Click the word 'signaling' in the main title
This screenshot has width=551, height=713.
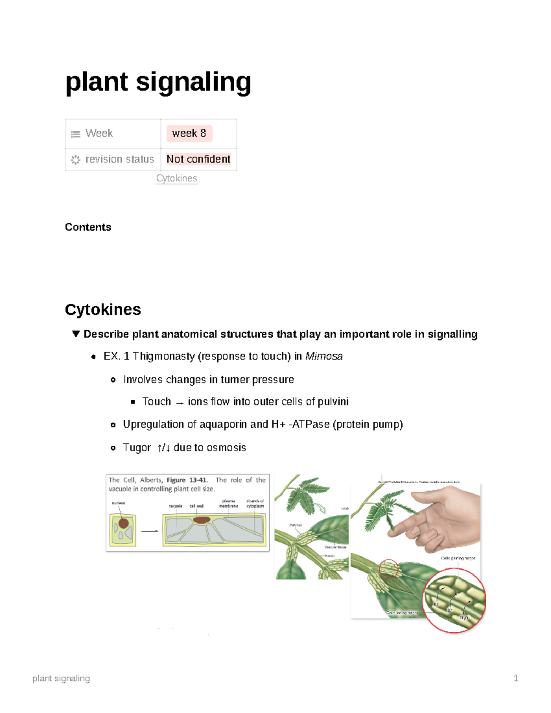tap(193, 83)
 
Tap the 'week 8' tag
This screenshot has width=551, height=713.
tap(189, 133)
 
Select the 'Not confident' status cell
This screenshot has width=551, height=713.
tap(198, 159)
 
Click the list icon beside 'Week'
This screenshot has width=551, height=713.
tap(75, 134)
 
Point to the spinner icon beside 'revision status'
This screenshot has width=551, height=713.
tap(75, 160)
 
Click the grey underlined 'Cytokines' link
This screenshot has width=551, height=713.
tap(177, 178)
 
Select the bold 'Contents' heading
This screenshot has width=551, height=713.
tap(88, 227)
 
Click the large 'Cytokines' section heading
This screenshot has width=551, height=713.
tap(103, 309)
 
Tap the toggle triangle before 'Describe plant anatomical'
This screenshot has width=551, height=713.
tap(76, 334)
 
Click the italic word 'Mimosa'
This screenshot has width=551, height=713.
tap(324, 356)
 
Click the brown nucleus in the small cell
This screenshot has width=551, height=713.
tap(124, 523)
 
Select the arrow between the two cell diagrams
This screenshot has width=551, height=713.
tap(149, 531)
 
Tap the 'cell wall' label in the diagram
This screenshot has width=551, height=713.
tap(197, 506)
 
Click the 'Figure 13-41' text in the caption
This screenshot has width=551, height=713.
tap(187, 480)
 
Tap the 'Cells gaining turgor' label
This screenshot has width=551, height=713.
tap(458, 558)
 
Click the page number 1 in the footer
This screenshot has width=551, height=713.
tap(516, 678)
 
